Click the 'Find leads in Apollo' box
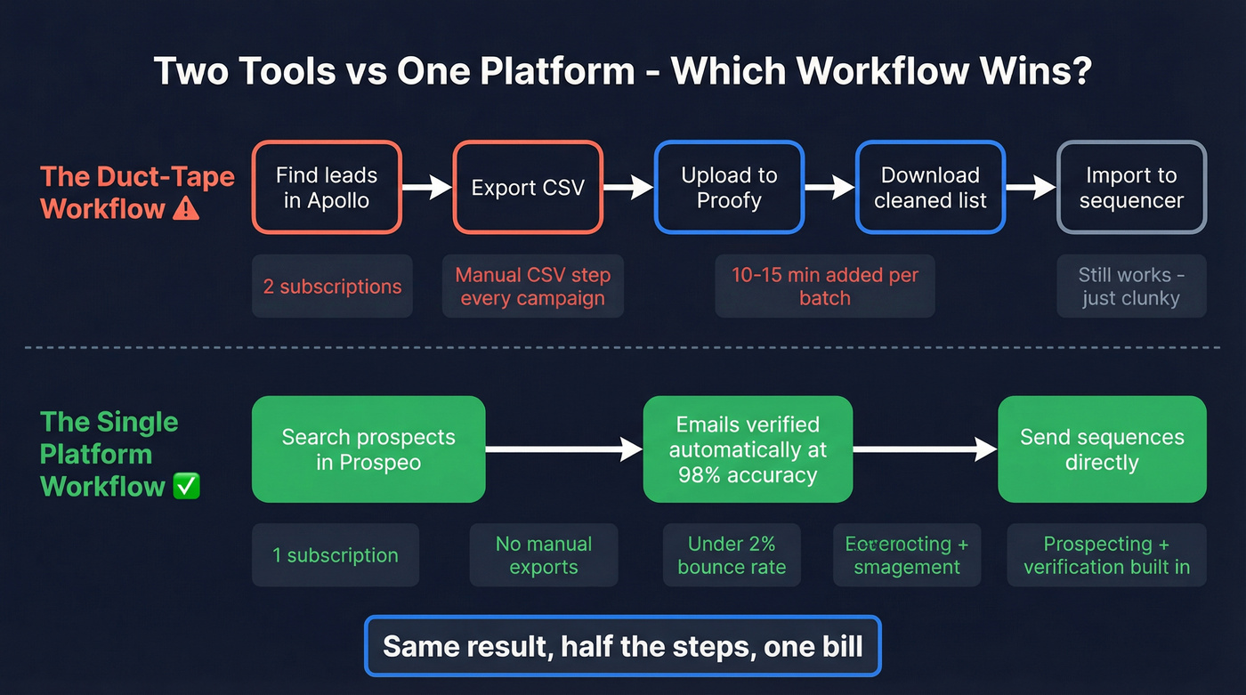coord(327,188)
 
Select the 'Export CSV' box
coord(528,188)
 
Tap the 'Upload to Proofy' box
coord(729,188)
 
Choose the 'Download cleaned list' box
coord(930,188)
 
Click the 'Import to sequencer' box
coord(1131,188)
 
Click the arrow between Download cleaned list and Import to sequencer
coord(1031,187)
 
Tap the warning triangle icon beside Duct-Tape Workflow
coord(186,209)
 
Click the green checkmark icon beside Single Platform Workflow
coord(186,486)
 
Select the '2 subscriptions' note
coord(332,287)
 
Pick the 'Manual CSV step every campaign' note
coord(532,287)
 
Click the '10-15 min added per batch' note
coord(824,287)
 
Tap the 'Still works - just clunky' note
coord(1131,287)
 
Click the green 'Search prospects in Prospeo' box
coord(368,449)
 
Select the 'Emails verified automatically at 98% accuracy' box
coord(748,449)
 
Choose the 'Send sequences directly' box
coord(1102,449)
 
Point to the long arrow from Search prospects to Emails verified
coord(563,449)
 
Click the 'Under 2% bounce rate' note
coord(732,555)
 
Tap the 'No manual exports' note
coord(543,555)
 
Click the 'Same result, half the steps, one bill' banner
coord(622,645)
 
